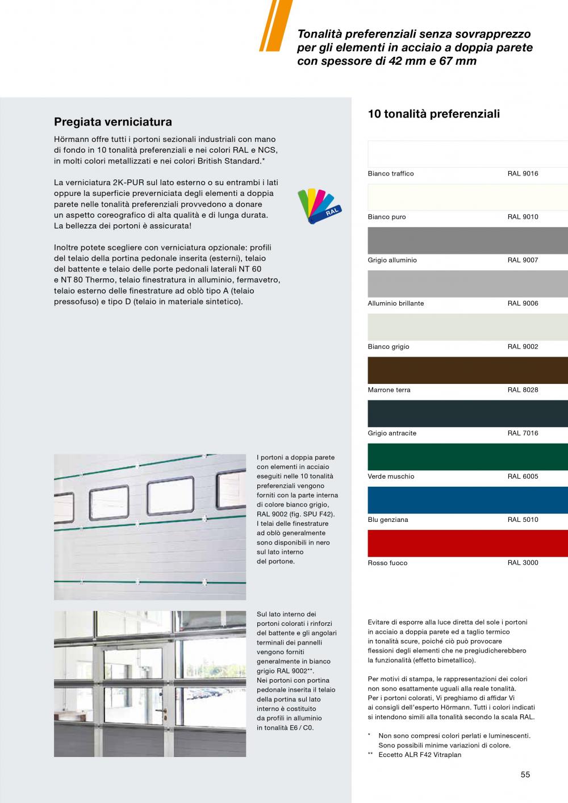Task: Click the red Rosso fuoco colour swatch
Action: coord(467,543)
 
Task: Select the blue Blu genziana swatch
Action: coord(467,500)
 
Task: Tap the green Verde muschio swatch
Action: coord(467,457)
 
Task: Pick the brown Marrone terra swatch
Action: coord(467,370)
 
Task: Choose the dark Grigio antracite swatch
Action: coord(467,413)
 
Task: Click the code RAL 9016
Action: coord(523,174)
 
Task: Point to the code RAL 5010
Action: coord(523,520)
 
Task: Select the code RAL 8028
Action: coord(523,390)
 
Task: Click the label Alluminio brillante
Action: coord(395,303)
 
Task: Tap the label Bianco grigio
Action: coord(389,346)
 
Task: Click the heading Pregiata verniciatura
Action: coord(112,122)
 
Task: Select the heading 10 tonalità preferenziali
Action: coord(434,114)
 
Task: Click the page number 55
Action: coord(525,775)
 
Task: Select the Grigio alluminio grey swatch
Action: coord(467,241)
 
